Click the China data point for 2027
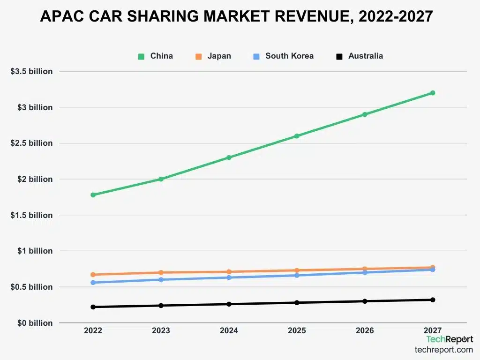[x=433, y=93]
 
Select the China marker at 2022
[x=93, y=195]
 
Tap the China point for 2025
[x=297, y=136]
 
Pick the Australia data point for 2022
[x=93, y=307]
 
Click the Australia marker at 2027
[x=433, y=300]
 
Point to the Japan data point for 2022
[x=93, y=275]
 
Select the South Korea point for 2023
[x=161, y=280]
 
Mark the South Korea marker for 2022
[x=93, y=283]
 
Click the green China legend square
[x=141, y=56]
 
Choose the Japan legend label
[x=219, y=56]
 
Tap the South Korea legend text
[x=289, y=56]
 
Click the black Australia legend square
[x=339, y=56]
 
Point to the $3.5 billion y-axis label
[x=32, y=71]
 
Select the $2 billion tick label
[x=36, y=179]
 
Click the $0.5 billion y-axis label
[x=32, y=287]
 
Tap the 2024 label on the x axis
[x=229, y=331]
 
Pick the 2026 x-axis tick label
[x=365, y=331]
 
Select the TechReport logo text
[x=449, y=339]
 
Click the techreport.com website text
[x=443, y=350]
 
